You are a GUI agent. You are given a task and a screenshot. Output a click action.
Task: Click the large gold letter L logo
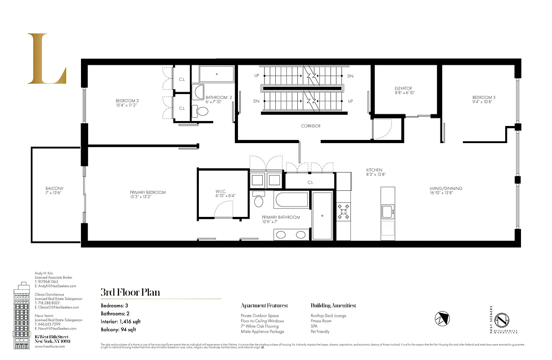click(46, 58)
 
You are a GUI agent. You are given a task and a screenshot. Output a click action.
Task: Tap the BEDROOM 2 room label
click(127, 103)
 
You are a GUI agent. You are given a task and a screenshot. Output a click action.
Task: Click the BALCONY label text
click(54, 190)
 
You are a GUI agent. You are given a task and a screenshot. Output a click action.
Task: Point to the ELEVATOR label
click(403, 90)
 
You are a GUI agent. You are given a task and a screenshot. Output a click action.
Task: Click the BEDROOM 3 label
click(484, 100)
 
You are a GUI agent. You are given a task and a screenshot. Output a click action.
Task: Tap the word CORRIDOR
click(310, 126)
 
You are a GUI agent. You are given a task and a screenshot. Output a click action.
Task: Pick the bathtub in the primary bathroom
click(292, 200)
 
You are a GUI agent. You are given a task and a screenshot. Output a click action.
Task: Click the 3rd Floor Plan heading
click(130, 292)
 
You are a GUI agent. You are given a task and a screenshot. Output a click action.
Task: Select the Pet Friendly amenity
click(320, 332)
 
